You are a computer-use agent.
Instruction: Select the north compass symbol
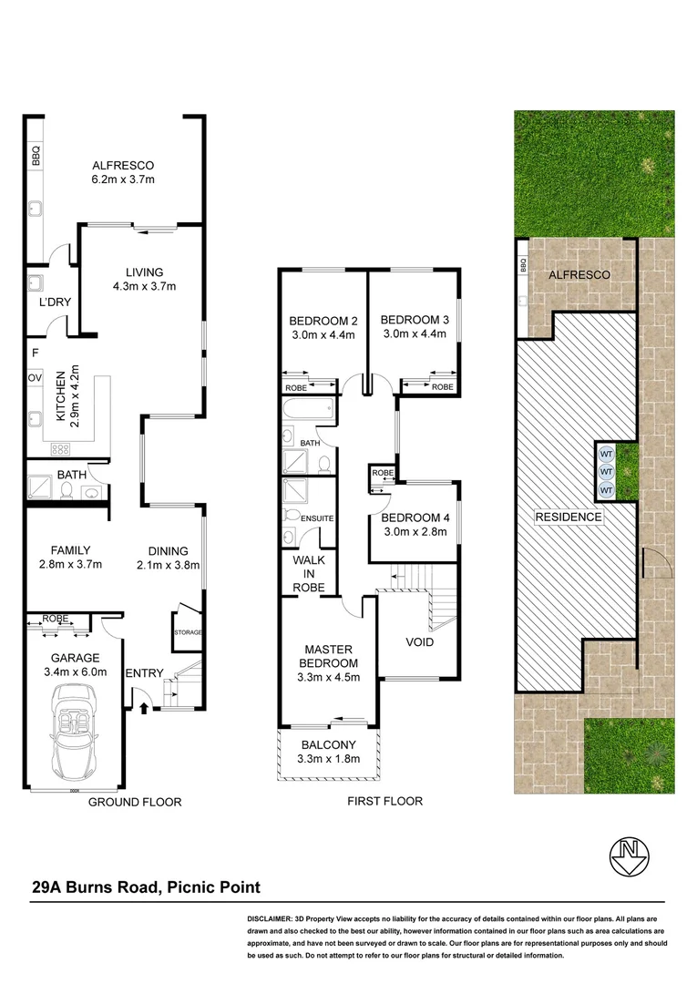point(628,854)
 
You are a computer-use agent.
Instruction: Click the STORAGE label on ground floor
point(187,631)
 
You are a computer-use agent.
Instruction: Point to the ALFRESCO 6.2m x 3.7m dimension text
point(123,179)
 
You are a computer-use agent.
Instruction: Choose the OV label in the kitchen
point(36,376)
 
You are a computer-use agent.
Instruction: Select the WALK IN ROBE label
point(309,574)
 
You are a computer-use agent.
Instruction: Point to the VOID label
point(419,641)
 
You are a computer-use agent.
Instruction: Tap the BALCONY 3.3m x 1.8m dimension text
point(328,758)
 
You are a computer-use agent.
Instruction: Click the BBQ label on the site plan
point(523,267)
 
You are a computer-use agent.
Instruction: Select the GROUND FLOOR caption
point(135,803)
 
